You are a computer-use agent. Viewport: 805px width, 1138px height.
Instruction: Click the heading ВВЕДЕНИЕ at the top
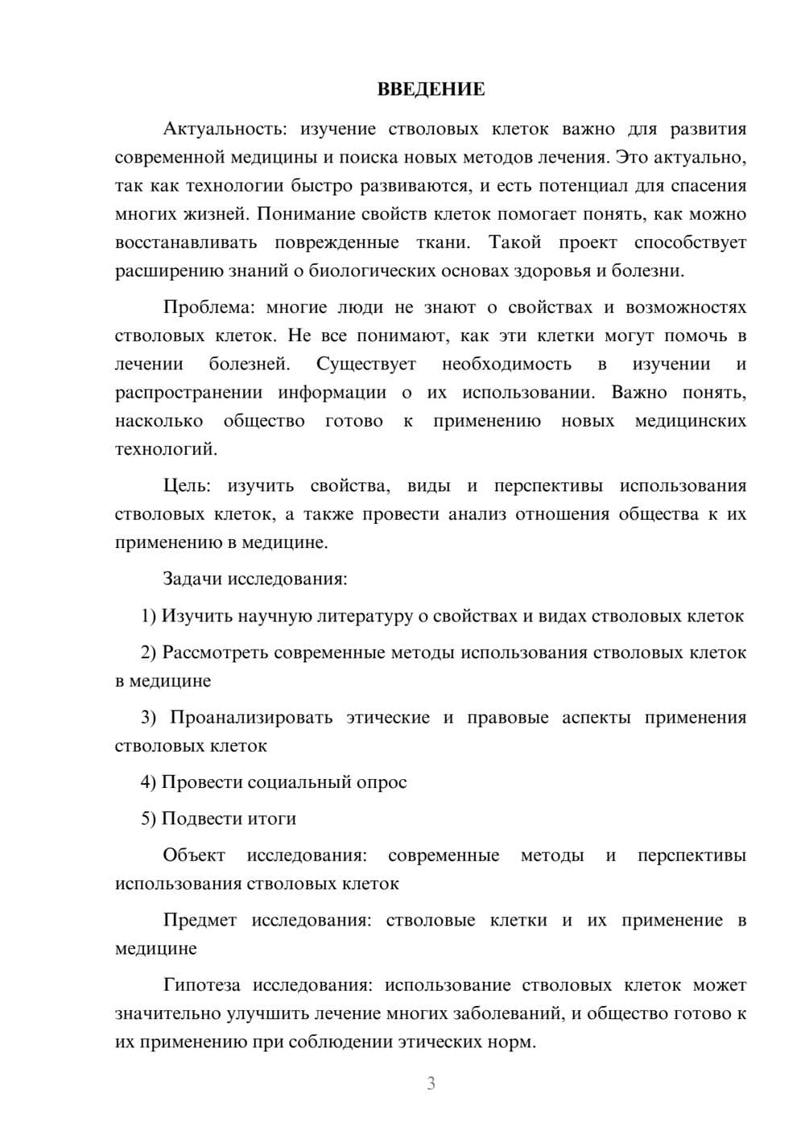431,89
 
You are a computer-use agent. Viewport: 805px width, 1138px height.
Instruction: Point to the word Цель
187,486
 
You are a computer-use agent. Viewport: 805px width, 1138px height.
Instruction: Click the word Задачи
193,579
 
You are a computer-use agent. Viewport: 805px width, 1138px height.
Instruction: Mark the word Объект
194,855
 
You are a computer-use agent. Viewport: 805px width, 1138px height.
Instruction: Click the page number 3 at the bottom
431,1083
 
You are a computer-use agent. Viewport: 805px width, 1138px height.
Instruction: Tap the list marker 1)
149,616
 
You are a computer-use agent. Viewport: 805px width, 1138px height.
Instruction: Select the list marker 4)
149,782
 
